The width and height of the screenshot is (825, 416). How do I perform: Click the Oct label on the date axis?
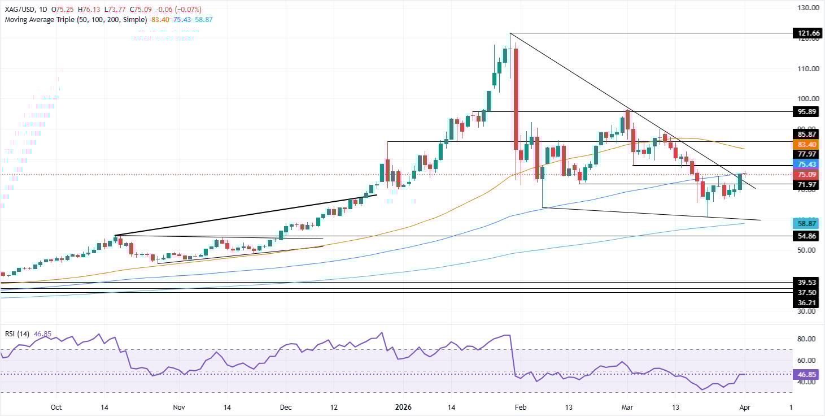tap(56, 407)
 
